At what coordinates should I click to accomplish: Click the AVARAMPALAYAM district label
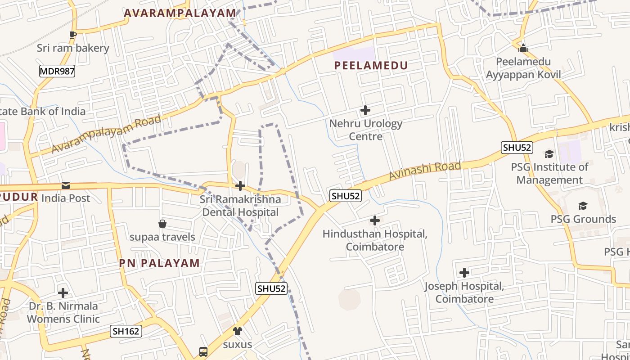point(180,13)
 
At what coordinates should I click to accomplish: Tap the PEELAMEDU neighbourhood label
point(371,66)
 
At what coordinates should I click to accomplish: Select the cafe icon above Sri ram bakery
point(73,35)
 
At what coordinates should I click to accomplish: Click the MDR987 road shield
point(57,71)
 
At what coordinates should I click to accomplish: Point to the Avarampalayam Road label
point(106,134)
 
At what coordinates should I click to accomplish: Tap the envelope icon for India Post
point(66,185)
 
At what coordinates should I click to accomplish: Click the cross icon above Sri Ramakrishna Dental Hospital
point(240,186)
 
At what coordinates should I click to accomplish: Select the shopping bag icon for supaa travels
point(162,224)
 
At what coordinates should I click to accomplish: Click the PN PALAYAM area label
point(159,263)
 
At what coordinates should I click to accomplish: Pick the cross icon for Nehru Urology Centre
point(365,110)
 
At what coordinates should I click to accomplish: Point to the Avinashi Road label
point(425,171)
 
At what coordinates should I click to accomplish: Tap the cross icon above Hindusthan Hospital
point(374,220)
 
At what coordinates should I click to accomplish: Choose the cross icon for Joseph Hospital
point(464,273)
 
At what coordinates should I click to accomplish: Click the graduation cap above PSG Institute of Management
point(549,154)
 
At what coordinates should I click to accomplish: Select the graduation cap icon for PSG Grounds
point(583,206)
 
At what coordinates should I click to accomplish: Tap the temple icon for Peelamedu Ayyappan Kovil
point(523,48)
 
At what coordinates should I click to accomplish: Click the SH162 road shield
point(126,332)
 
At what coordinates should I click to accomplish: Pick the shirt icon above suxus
point(237,331)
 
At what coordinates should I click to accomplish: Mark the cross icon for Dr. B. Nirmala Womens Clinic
point(63,293)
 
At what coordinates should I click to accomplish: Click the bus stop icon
point(203,351)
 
